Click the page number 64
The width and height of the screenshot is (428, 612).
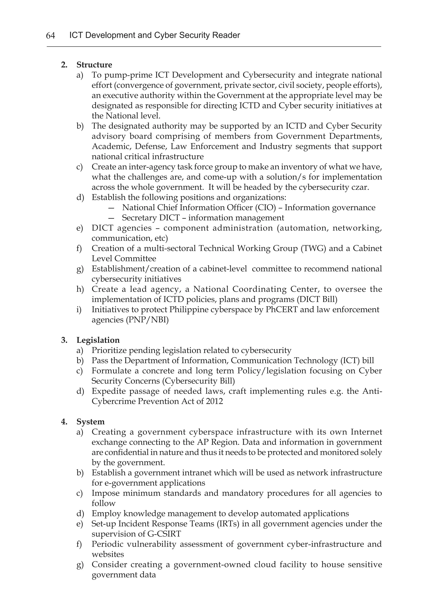click(50, 35)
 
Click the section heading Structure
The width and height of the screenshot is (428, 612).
click(94, 65)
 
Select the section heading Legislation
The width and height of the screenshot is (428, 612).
click(98, 340)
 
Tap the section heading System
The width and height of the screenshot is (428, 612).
click(90, 422)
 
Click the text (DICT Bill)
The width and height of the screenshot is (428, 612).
click(317, 299)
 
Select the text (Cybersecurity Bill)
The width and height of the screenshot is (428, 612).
click(198, 381)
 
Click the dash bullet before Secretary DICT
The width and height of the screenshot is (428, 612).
click(112, 218)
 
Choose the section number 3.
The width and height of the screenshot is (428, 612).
click(64, 340)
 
